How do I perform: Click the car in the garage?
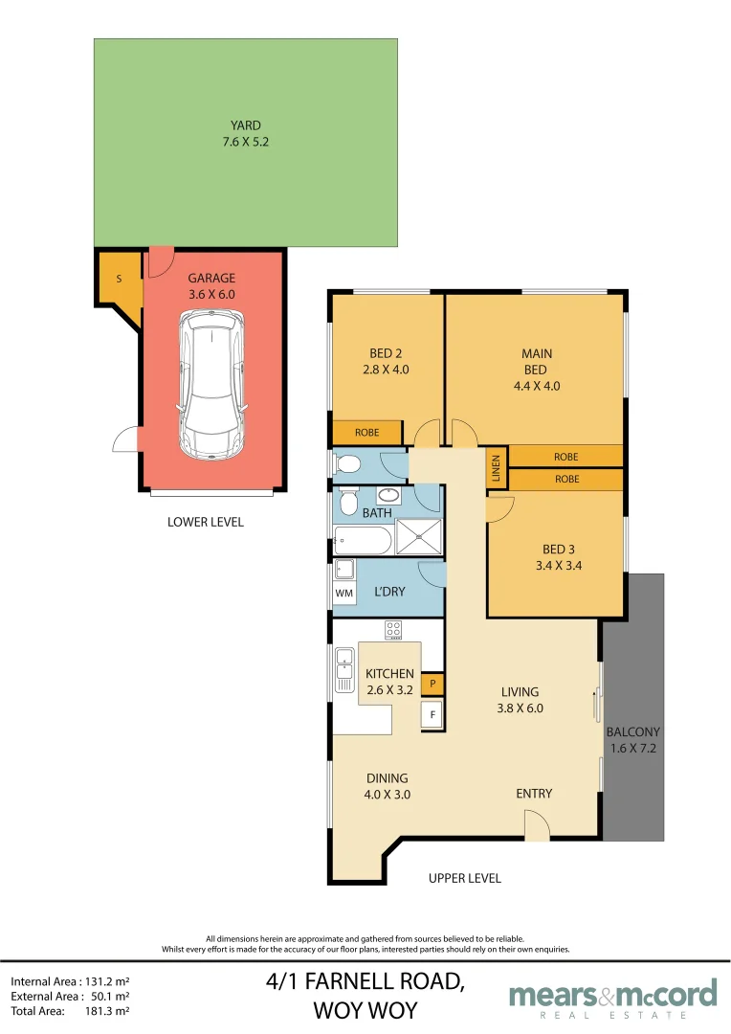pyautogui.click(x=212, y=384)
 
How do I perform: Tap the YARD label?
pyautogui.click(x=245, y=125)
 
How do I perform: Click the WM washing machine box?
pyautogui.click(x=344, y=593)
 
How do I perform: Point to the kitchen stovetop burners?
pyautogui.click(x=393, y=629)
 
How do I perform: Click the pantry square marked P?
pyautogui.click(x=432, y=684)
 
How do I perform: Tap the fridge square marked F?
pyautogui.click(x=432, y=715)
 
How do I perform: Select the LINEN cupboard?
pyautogui.click(x=497, y=468)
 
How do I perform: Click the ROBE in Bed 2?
pyautogui.click(x=367, y=433)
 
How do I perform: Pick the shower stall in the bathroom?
pyautogui.click(x=418, y=537)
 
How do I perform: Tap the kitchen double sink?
pyautogui.click(x=344, y=670)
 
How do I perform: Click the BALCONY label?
pyautogui.click(x=632, y=732)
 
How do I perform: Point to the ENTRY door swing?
pyautogui.click(x=537, y=825)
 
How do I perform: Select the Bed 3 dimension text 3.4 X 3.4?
pyautogui.click(x=559, y=566)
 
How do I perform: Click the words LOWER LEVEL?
pyautogui.click(x=206, y=523)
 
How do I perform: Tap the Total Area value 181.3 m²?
pyautogui.click(x=107, y=1011)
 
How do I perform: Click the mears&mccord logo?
pyautogui.click(x=613, y=999)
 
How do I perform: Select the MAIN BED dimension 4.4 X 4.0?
pyautogui.click(x=537, y=387)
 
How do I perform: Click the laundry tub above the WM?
pyautogui.click(x=344, y=569)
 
